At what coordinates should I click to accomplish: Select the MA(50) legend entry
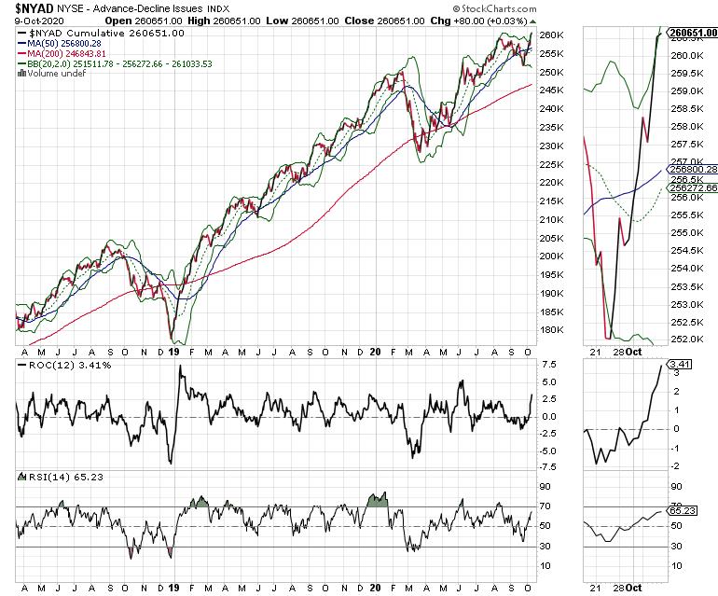(x=63, y=44)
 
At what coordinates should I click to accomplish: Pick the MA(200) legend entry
(x=66, y=54)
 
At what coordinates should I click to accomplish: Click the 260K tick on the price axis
(x=552, y=35)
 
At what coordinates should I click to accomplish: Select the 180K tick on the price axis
(x=552, y=329)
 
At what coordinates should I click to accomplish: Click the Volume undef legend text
(x=54, y=75)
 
